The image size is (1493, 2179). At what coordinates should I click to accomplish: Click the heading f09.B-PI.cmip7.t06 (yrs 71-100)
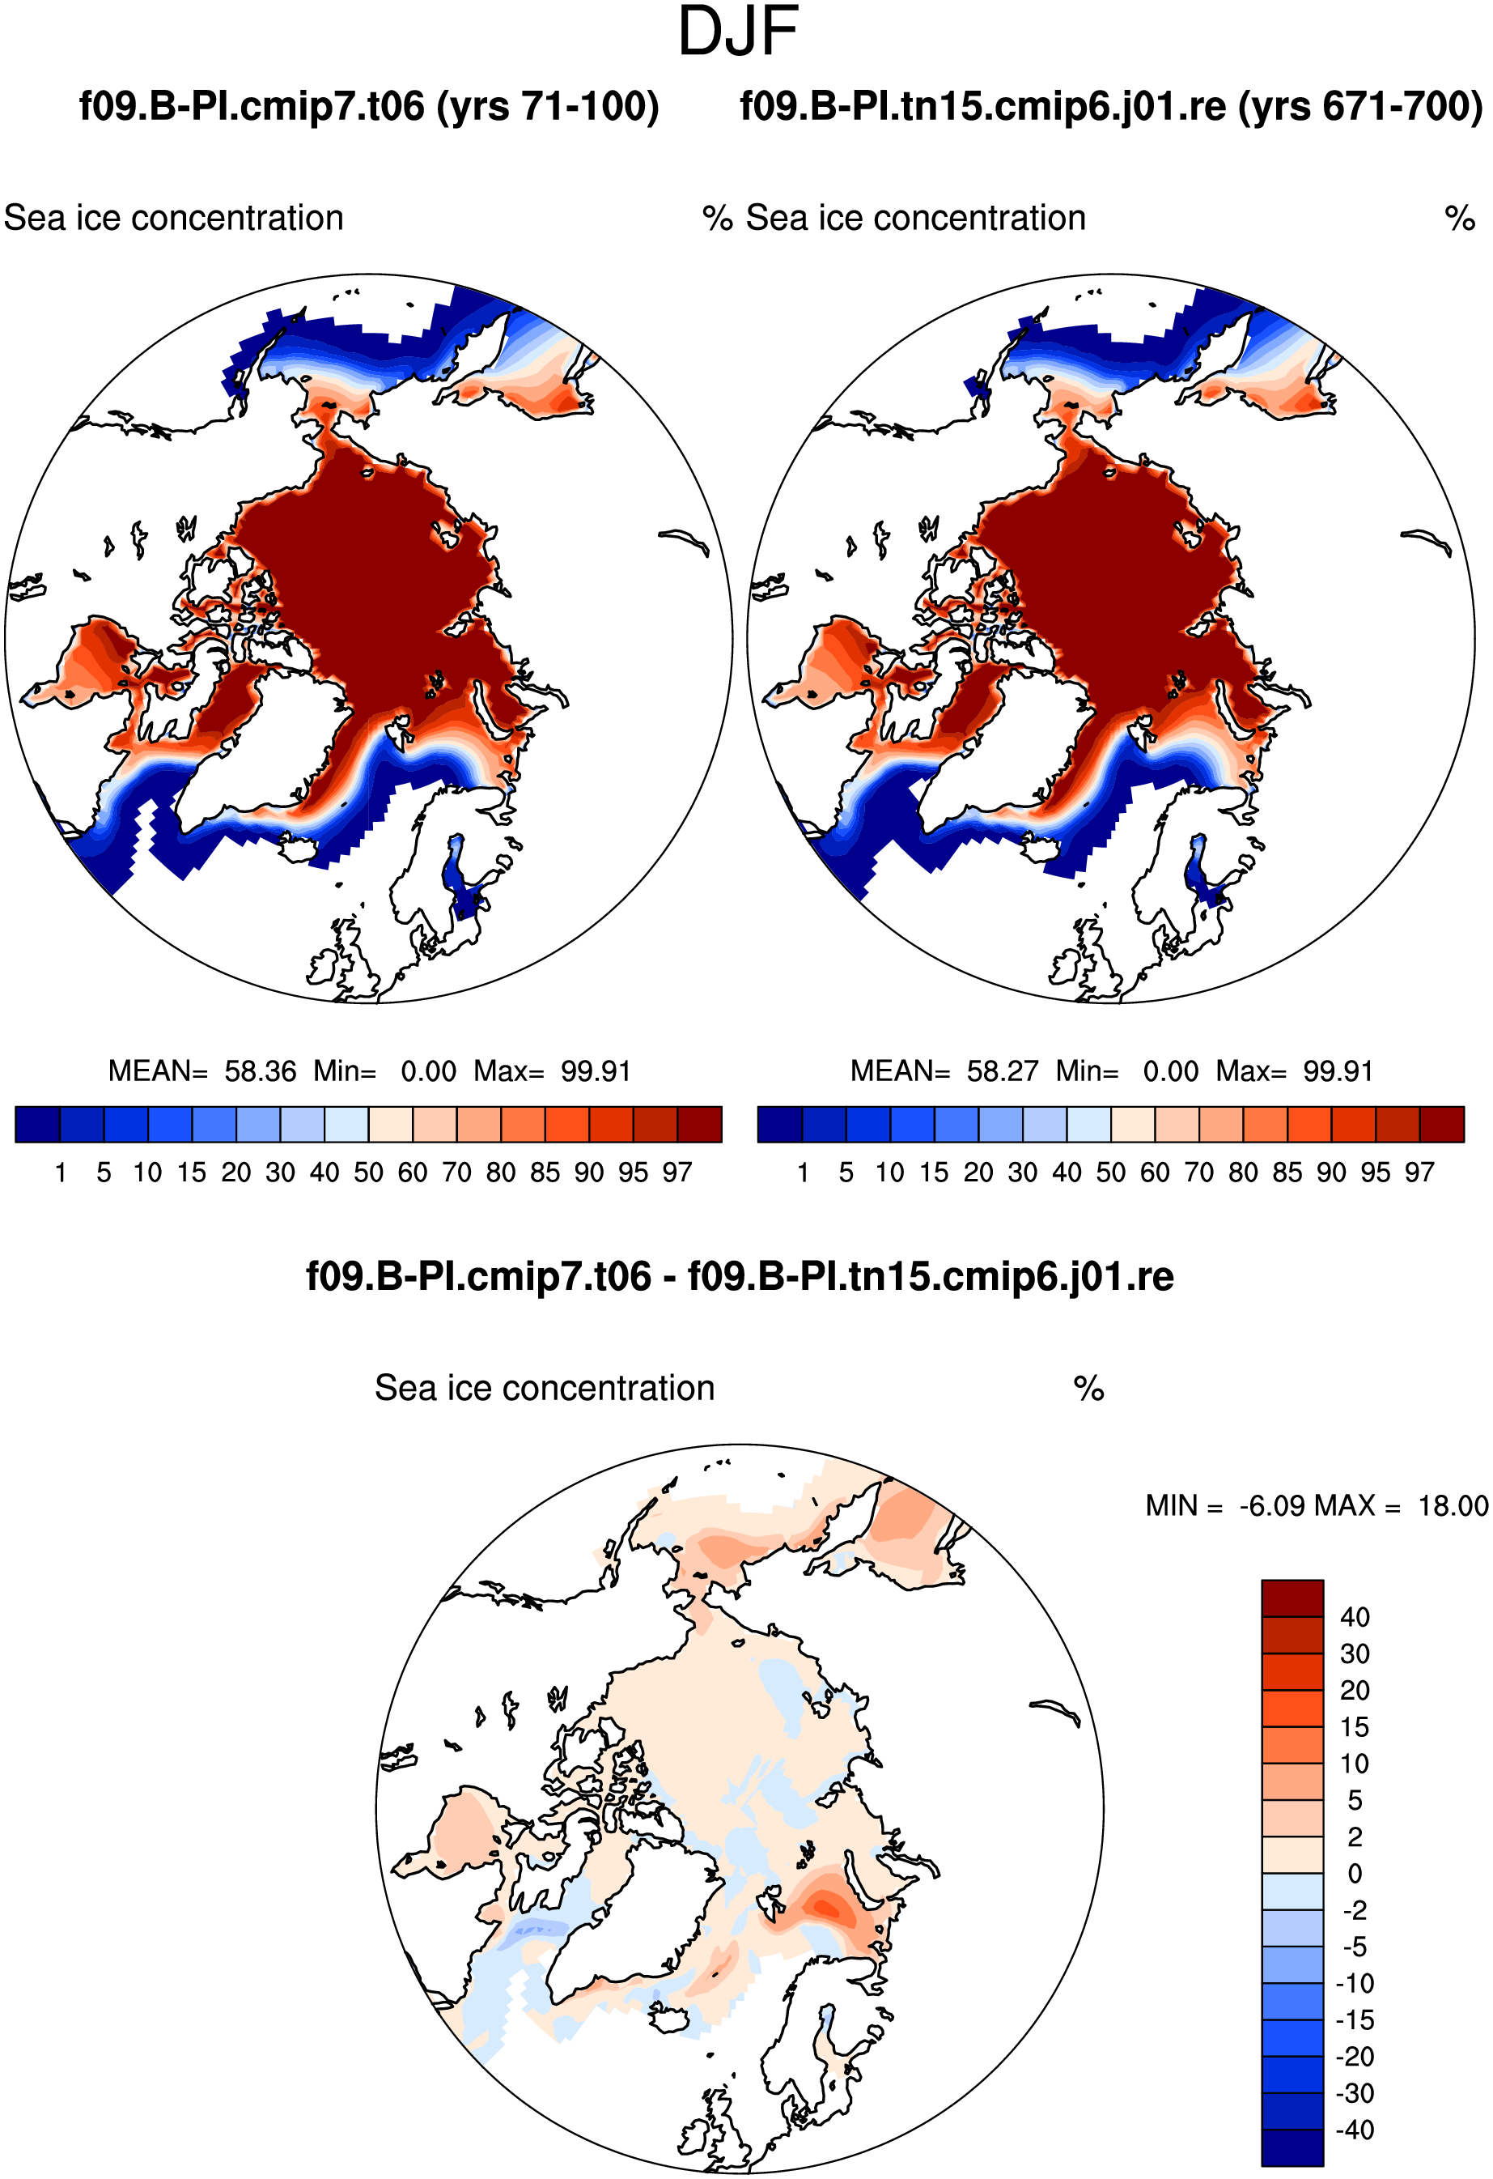[x=369, y=106]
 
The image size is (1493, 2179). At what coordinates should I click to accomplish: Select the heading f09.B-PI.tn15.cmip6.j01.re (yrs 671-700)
[x=1112, y=106]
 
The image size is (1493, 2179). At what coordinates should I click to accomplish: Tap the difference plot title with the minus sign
[x=740, y=1276]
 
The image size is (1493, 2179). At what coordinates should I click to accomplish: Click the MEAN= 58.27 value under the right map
[x=944, y=1070]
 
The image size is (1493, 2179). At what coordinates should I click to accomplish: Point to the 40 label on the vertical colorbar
[x=1355, y=1616]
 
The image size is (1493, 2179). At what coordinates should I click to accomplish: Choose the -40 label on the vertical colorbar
[x=1355, y=2130]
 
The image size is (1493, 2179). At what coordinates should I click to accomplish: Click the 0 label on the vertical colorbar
[x=1355, y=1874]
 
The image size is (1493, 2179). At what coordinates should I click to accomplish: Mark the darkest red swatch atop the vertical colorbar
[x=1292, y=1598]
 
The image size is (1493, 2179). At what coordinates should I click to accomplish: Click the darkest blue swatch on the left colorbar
[x=37, y=1124]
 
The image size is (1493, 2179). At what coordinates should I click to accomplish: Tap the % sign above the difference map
[x=1088, y=1389]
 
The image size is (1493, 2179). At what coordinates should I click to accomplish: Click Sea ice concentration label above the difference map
[x=545, y=1389]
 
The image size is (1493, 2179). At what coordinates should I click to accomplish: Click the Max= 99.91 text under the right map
[x=1294, y=1070]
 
